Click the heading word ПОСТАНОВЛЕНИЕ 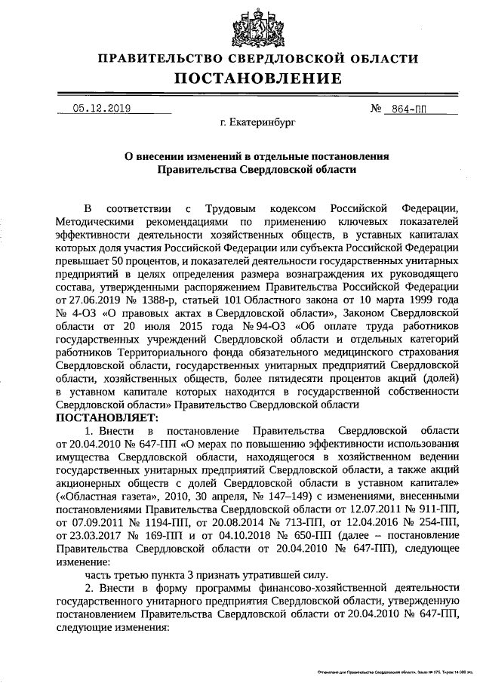point(259,78)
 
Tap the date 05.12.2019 point(102,108)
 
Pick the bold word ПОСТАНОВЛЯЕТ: point(103,417)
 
